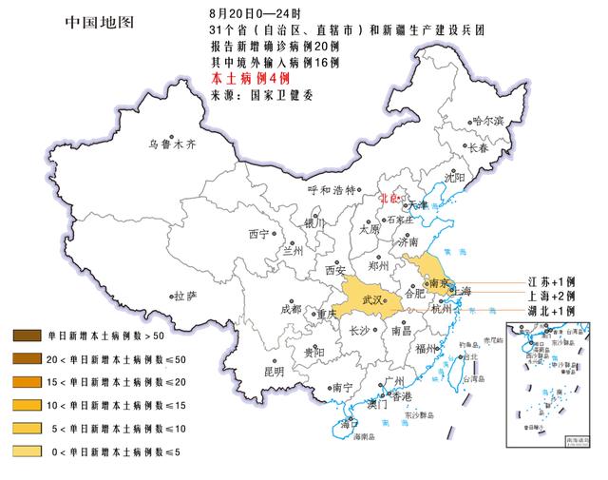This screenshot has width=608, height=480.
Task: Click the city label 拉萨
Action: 184,298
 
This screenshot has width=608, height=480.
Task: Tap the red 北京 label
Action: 389,199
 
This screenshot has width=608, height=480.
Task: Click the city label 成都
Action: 290,310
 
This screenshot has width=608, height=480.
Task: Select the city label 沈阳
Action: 454,178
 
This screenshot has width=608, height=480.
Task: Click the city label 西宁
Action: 258,233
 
